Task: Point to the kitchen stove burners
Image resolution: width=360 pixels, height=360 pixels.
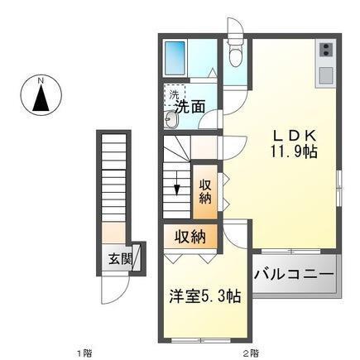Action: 325,50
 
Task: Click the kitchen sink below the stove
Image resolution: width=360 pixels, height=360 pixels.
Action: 325,74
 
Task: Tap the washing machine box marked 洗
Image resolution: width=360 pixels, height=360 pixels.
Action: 174,94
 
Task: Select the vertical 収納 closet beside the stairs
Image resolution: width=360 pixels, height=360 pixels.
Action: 205,190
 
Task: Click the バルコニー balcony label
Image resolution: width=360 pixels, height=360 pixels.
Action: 293,273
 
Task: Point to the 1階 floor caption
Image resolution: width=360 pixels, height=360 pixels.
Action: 84,353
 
